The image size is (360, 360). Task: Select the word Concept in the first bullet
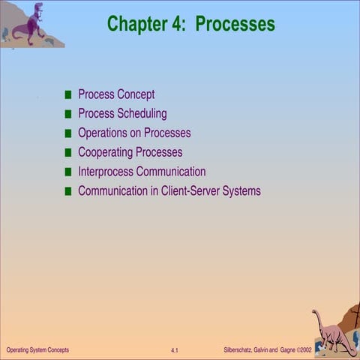click(136, 94)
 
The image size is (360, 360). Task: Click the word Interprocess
click(106, 172)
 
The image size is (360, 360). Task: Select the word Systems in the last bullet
click(240, 191)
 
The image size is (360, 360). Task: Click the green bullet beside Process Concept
click(68, 95)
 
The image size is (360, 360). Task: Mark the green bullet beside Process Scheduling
click(68, 115)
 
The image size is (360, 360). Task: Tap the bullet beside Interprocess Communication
click(68, 172)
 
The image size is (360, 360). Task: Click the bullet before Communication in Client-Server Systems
click(68, 192)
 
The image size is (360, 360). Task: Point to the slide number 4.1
click(174, 351)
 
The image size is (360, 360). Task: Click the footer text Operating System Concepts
click(37, 350)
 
